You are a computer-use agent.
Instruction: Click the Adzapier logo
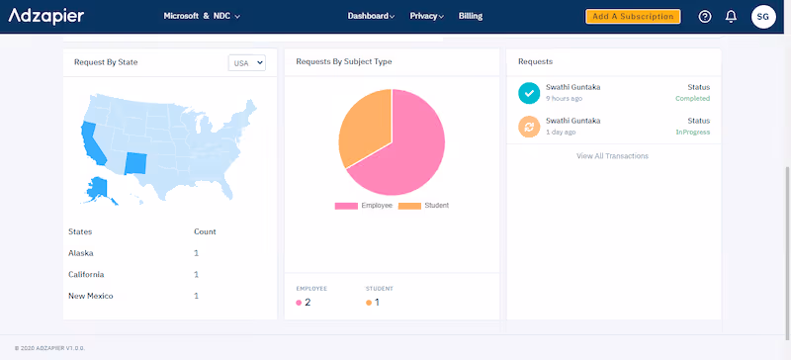46,16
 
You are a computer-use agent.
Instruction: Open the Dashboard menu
371,16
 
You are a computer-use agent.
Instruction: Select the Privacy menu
426,16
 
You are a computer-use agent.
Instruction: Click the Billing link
471,16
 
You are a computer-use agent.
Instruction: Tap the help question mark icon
705,17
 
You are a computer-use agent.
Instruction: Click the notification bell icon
731,17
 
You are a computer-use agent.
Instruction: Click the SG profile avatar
763,17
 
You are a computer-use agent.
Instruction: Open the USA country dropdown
247,62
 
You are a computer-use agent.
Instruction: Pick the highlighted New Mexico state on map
135,162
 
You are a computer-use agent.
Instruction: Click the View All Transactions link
613,156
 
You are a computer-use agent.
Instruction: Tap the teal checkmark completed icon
528,92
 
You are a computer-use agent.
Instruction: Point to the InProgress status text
692,132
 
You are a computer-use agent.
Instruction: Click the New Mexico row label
89,296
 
